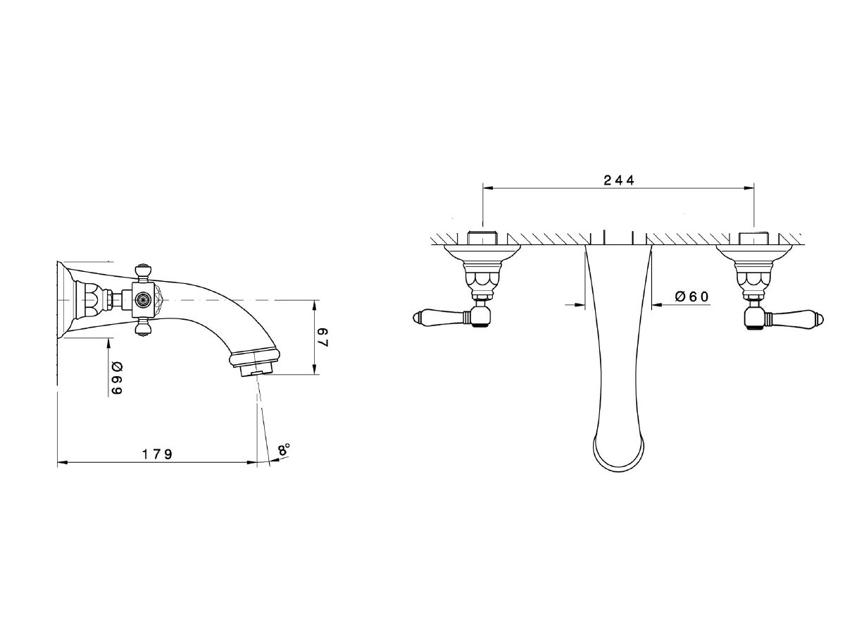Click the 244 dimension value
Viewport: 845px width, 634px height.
619,180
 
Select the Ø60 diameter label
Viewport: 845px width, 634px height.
691,297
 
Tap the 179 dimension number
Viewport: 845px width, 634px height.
157,454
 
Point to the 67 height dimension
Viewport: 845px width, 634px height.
323,337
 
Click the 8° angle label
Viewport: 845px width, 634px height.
284,449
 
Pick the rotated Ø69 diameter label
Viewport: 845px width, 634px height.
117,378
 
